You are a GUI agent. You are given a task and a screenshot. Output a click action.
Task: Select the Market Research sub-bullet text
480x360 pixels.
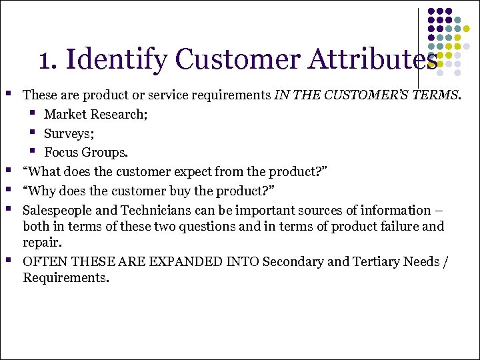[x=95, y=114]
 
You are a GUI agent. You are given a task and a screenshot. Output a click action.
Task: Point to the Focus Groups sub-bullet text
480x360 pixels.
[x=85, y=152]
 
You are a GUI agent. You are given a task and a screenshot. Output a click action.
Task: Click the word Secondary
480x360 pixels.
[x=291, y=261]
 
